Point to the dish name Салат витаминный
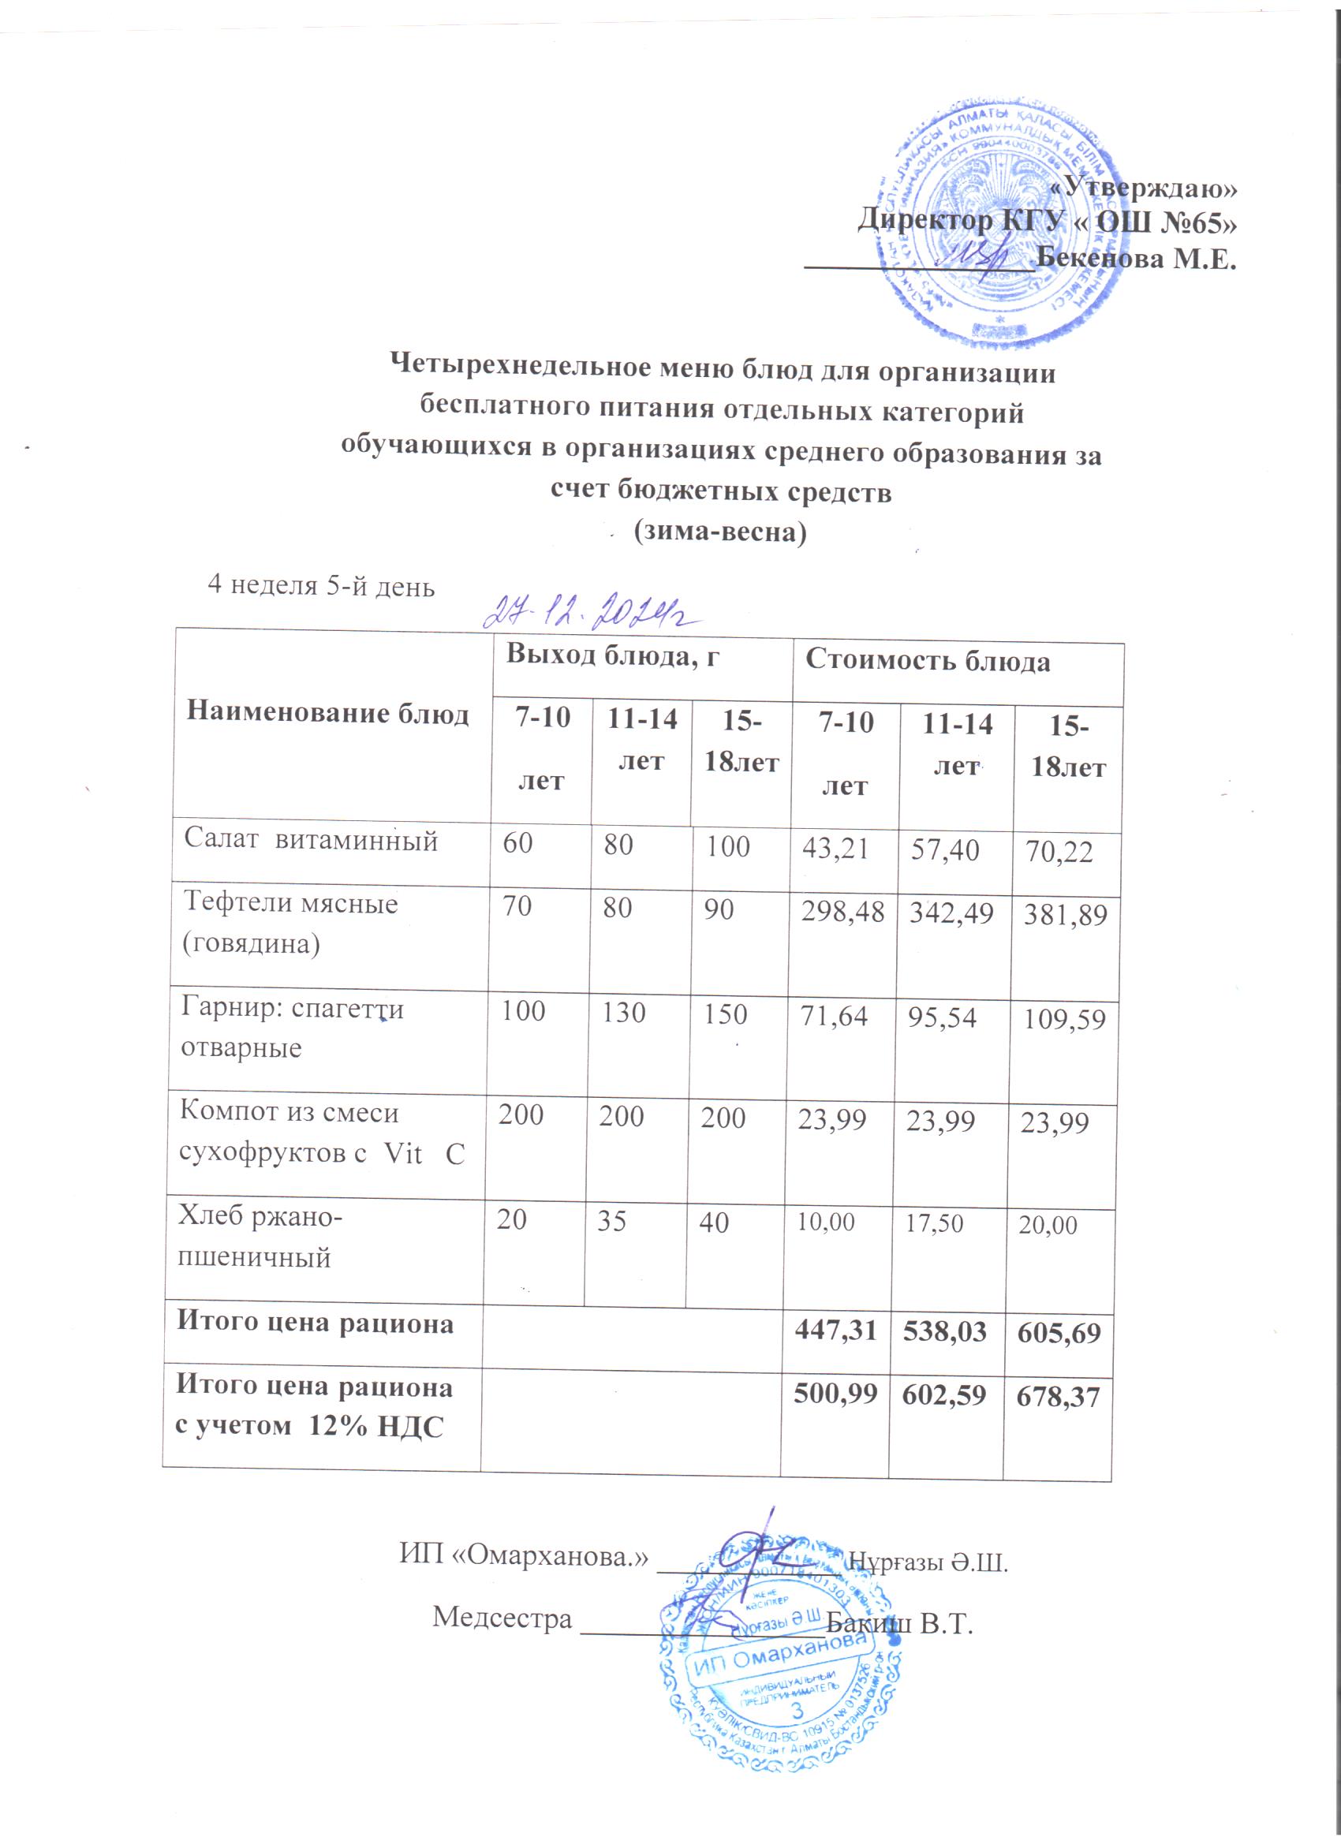tap(311, 839)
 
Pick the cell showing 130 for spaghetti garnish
tap(624, 1013)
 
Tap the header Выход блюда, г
tap(613, 655)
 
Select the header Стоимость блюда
tap(927, 662)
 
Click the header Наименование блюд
tap(327, 714)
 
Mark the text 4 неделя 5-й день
tap(321, 585)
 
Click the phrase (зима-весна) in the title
tap(720, 532)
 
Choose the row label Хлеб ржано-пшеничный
tap(260, 1238)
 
